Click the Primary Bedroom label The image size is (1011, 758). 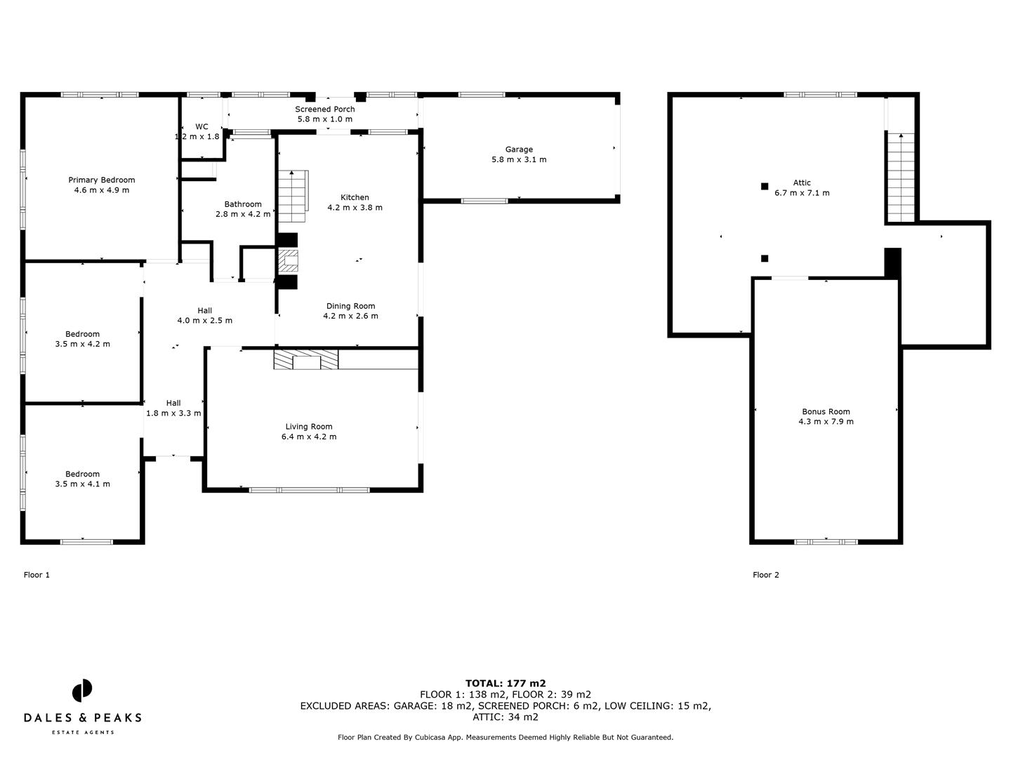pos(101,180)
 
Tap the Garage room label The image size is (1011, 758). pos(519,149)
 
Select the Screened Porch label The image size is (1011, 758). pos(324,109)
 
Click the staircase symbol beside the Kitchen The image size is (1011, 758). pos(293,196)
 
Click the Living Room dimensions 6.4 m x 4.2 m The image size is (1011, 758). pos(308,437)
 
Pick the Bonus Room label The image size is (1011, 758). pos(826,412)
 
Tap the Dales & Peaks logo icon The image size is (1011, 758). pos(82,690)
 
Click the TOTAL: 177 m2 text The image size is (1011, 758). pos(505,683)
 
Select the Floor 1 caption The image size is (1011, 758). pos(37,575)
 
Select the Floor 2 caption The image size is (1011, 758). pos(765,575)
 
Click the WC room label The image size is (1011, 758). pos(201,127)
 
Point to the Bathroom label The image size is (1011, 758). pos(242,204)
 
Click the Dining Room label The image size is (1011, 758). pos(350,306)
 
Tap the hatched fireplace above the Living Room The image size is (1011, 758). pos(305,360)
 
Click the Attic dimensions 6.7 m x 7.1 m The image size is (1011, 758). pos(802,193)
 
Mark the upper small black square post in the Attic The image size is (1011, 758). pos(765,186)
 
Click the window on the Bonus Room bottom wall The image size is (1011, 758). pos(826,541)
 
